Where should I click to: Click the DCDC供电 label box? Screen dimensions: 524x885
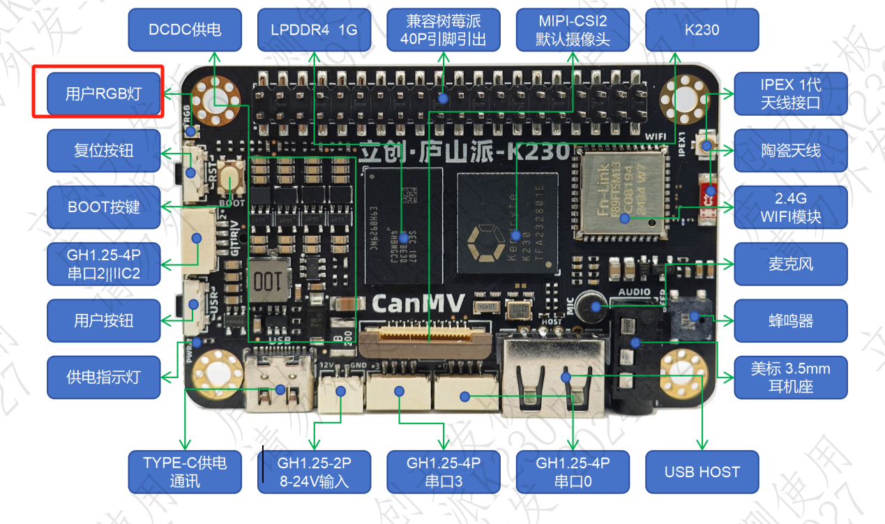pyautogui.click(x=185, y=30)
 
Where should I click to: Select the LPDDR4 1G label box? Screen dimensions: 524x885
pyautogui.click(x=314, y=30)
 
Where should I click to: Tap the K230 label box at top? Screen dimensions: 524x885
pyautogui.click(x=702, y=30)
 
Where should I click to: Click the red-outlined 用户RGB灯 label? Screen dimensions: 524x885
pyautogui.click(x=103, y=93)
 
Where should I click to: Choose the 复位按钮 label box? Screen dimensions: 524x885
pyautogui.click(x=103, y=151)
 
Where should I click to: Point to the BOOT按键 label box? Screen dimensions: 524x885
pyautogui.click(x=103, y=207)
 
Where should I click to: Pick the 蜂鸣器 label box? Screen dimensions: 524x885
pyautogui.click(x=790, y=321)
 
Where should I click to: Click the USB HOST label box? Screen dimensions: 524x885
pyautogui.click(x=702, y=472)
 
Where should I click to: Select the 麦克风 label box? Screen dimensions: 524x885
pyautogui.click(x=790, y=264)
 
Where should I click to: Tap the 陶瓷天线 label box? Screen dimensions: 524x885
pyautogui.click(x=790, y=151)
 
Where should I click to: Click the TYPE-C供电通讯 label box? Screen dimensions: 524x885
pyautogui.click(x=185, y=472)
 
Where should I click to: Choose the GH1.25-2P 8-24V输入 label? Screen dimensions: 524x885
pyautogui.click(x=314, y=472)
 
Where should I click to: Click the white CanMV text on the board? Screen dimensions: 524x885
pyautogui.click(x=414, y=303)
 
